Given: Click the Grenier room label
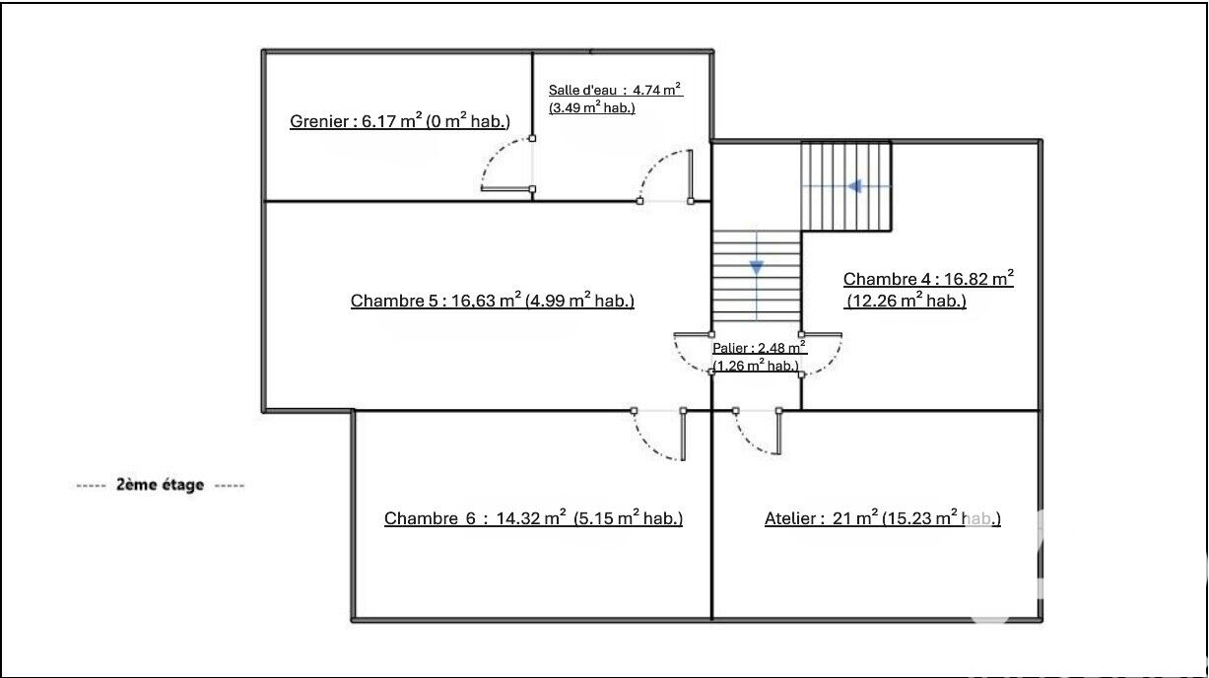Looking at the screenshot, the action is pos(400,121).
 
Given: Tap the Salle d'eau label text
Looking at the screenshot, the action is pos(615,99).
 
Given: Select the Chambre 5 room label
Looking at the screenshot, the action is pos(493,301).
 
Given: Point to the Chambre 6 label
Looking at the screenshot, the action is pos(533,517).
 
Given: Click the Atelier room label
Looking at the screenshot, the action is pos(883,517).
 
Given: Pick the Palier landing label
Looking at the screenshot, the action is pos(760,357).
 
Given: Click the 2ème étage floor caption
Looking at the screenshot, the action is pos(161,485).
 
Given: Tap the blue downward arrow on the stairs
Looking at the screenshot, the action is pos(757,267).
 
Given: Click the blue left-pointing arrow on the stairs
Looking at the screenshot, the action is pos(854,187).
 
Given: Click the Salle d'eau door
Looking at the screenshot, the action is pos(665,176).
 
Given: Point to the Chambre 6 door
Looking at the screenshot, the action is pos(659,435).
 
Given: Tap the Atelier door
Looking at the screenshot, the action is pos(757,432).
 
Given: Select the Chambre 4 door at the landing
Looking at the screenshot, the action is pos(822,353).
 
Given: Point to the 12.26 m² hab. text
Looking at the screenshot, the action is pos(906,301).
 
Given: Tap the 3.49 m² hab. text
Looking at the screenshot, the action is pos(592,107).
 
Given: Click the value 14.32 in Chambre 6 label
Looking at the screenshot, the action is pos(518,518).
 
